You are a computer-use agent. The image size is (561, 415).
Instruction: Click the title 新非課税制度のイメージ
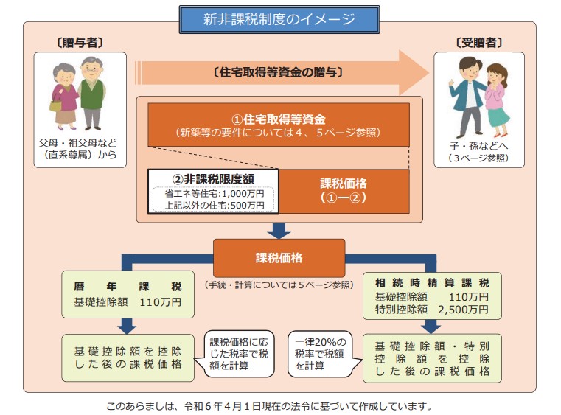279,19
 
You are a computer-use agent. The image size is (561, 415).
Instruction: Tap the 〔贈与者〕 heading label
80,43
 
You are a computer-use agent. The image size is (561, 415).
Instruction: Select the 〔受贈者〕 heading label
479,43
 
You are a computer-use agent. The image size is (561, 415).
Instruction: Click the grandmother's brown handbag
55,105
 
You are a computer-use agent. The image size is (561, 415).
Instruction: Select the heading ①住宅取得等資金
279,119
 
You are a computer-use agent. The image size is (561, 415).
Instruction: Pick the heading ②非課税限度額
213,179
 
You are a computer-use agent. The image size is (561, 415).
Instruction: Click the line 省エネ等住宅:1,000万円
215,194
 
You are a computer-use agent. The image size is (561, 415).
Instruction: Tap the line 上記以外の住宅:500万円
215,206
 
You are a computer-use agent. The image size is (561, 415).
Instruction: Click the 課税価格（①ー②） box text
344,190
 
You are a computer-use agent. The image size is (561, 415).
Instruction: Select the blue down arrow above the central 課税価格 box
279,231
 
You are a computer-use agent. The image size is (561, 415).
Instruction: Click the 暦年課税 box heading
128,286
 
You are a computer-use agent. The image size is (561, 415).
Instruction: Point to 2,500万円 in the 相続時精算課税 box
464,309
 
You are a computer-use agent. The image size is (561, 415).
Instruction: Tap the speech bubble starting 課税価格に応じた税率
239,354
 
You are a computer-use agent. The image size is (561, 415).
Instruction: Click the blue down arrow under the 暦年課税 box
127,326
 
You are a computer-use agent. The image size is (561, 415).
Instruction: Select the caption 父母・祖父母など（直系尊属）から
78,149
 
